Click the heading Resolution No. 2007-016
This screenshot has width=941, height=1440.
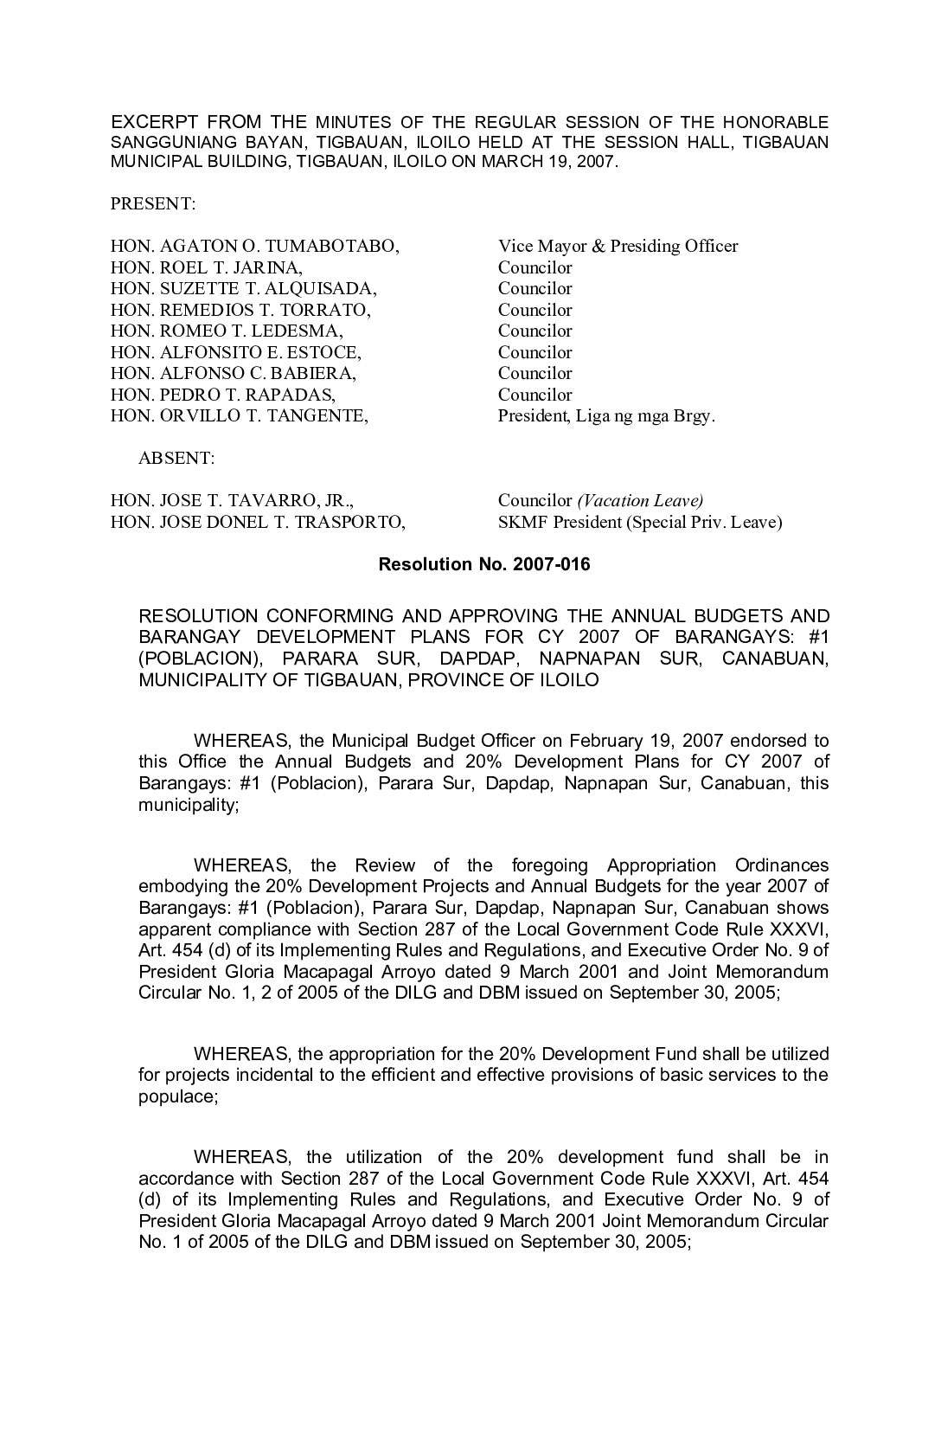pos(484,565)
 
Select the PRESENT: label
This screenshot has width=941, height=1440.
pos(153,204)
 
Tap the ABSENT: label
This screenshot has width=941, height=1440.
pos(176,459)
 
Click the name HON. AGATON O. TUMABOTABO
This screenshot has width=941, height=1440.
pos(255,247)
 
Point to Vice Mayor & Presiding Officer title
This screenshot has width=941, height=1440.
pos(618,247)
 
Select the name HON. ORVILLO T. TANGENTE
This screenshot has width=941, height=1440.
pos(240,416)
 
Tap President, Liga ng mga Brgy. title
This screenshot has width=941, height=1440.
pos(606,416)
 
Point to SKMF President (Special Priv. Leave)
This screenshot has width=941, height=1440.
pos(640,523)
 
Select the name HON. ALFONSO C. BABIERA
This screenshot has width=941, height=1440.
pos(234,374)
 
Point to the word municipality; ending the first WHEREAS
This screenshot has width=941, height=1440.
pos(189,805)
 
